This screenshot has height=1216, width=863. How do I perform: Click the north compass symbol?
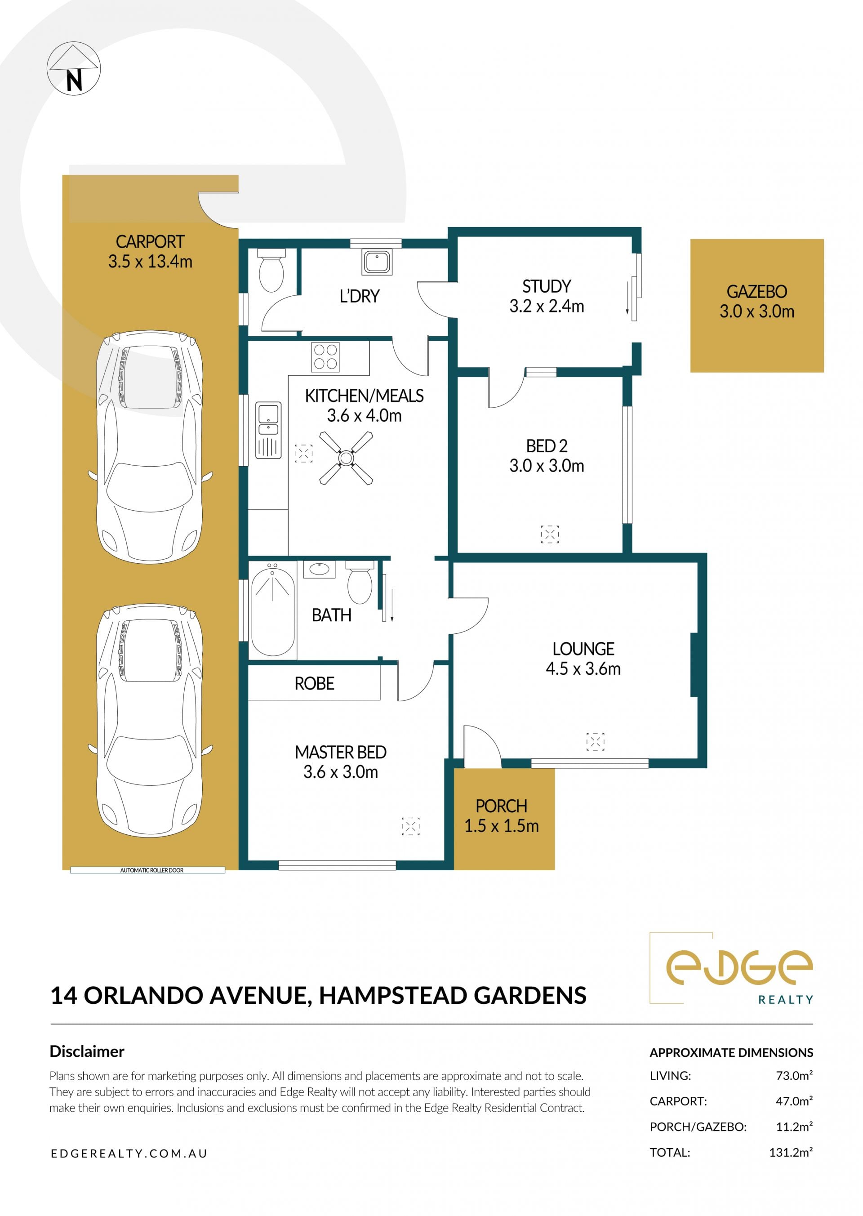(74, 69)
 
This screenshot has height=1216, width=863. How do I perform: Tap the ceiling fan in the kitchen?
(346, 458)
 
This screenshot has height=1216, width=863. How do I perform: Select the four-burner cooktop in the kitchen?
(326, 356)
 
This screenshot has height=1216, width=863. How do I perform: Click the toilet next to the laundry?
(271, 271)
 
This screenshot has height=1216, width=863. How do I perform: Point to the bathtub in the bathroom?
(273, 610)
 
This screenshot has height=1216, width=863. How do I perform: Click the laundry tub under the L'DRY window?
(377, 262)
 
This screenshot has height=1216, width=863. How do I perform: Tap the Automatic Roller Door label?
(151, 871)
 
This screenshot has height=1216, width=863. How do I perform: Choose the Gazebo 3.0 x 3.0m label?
(757, 301)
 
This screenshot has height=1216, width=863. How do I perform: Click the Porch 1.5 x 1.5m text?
(501, 816)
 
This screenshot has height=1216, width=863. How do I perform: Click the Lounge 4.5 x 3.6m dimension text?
(583, 668)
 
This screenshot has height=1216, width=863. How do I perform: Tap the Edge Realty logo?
(731, 968)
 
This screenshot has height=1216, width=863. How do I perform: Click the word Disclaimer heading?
(87, 1051)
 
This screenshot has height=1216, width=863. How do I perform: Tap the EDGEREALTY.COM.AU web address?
(129, 1153)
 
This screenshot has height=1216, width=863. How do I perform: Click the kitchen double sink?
(268, 430)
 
